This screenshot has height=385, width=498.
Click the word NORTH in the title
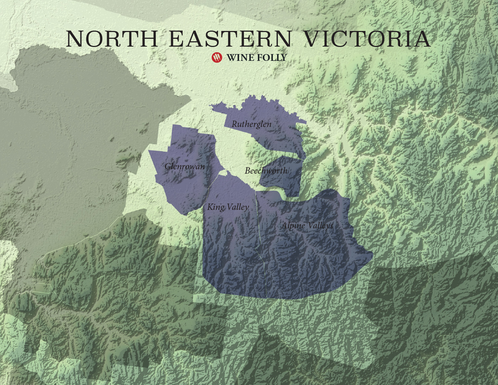click(x=112, y=39)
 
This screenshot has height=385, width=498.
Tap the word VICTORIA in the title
click(x=367, y=39)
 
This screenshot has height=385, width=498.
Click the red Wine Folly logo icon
click(x=217, y=57)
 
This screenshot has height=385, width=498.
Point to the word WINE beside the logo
click(x=239, y=58)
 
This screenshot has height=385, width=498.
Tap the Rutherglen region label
click(x=251, y=124)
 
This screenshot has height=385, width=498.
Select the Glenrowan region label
click(x=185, y=166)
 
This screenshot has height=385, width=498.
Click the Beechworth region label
click(x=266, y=171)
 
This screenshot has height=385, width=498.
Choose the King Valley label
click(x=228, y=207)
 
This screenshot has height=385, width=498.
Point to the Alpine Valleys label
click(x=307, y=225)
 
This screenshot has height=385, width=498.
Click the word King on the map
click(x=216, y=207)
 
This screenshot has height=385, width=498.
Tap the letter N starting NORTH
click(x=75, y=39)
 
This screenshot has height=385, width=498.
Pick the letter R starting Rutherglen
click(x=234, y=124)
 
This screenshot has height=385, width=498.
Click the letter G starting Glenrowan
click(x=168, y=166)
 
